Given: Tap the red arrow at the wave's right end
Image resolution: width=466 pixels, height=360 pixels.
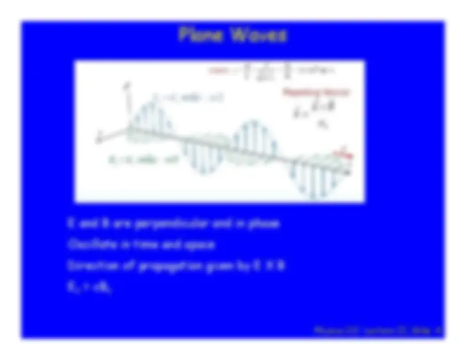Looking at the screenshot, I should [341, 154].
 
